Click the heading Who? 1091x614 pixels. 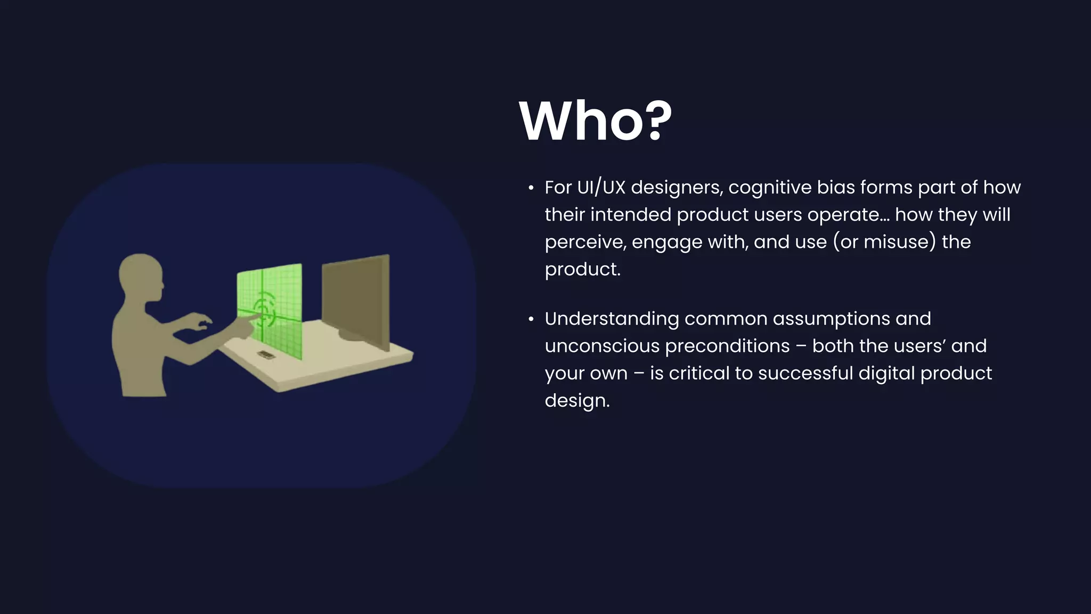tap(595, 121)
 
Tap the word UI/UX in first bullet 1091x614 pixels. tap(600, 188)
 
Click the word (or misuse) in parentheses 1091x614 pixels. tap(884, 242)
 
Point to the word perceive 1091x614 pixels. tap(585, 243)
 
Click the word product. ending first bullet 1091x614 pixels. tap(582, 269)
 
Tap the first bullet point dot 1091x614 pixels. tap(531, 188)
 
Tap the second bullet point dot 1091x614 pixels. tap(531, 319)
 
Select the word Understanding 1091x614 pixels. tap(612, 319)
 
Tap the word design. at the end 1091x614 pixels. tap(577, 401)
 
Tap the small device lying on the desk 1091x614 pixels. tap(266, 355)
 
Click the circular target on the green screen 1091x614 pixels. tap(264, 310)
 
